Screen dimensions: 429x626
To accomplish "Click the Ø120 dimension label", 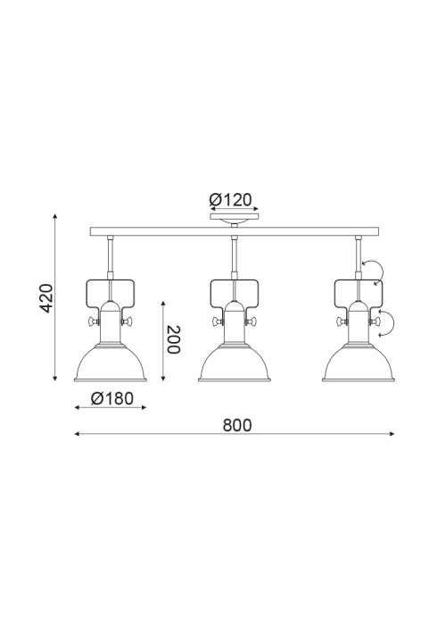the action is click(231, 200).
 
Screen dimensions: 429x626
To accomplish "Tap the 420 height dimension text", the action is click(46, 298).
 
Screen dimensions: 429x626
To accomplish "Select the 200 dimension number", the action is click(174, 339).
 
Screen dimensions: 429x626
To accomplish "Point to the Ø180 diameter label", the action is click(112, 398).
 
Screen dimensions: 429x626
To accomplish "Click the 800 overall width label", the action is click(237, 425).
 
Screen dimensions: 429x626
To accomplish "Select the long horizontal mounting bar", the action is click(235, 231).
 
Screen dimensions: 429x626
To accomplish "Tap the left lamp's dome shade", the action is click(111, 363).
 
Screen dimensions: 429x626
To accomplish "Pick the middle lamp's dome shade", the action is click(235, 363).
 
